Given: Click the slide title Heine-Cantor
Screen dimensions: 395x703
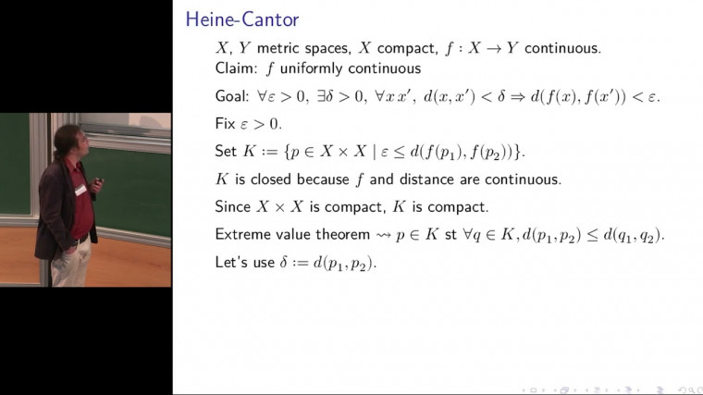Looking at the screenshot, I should (x=241, y=19).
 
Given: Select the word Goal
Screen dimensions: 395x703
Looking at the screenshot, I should (x=231, y=96).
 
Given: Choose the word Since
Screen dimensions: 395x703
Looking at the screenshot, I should (x=233, y=206).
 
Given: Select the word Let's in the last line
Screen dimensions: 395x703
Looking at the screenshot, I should (x=232, y=262).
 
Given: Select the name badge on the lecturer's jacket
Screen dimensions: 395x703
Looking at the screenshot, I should (x=80, y=191).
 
